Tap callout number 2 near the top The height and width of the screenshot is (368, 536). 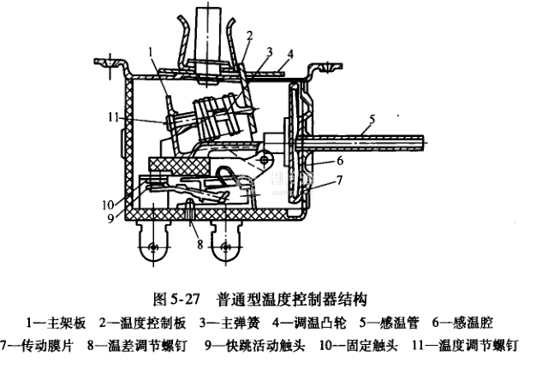pyautogui.click(x=250, y=35)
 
